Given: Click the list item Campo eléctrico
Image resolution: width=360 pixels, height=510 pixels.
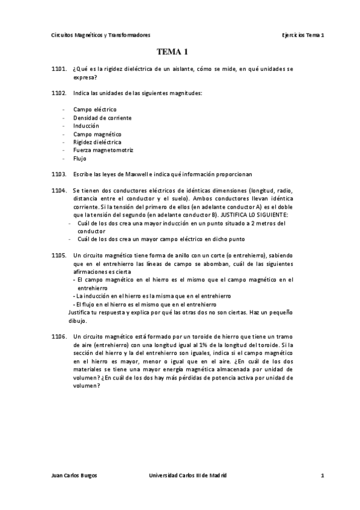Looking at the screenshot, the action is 95,110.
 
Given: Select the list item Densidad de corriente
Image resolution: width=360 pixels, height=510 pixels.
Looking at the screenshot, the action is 102,118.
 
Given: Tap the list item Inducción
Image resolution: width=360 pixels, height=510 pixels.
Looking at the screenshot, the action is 86,126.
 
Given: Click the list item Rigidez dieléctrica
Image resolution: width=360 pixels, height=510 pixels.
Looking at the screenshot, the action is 97,143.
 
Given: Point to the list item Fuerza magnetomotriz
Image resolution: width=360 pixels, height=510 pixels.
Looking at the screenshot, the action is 103,150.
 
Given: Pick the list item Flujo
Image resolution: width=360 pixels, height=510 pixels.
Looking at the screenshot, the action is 80,159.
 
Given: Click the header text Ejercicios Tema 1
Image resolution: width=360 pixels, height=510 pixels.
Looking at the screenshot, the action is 303,35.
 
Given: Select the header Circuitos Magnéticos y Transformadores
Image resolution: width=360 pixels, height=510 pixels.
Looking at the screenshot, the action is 101,35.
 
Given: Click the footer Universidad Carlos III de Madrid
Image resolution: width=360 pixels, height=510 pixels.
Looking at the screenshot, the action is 188,476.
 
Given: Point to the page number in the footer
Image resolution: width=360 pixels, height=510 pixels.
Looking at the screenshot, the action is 322,476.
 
